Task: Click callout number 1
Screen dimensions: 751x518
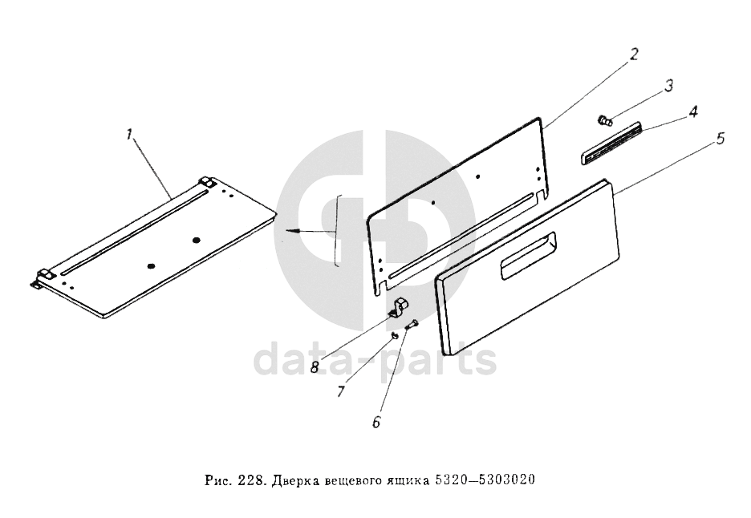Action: tap(128, 135)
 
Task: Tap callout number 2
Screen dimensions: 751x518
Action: tap(633, 54)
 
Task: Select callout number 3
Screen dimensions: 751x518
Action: tap(668, 86)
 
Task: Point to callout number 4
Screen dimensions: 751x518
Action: tap(692, 111)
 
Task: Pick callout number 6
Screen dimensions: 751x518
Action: tap(376, 422)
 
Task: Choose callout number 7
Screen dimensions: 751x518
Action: tap(340, 391)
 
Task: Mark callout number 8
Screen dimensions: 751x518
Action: tap(315, 367)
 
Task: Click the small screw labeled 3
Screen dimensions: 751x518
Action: tap(605, 119)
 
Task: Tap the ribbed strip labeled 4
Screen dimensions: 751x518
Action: tap(611, 143)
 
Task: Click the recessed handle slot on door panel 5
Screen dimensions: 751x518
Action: tap(528, 255)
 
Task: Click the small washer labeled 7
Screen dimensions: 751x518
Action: tap(394, 336)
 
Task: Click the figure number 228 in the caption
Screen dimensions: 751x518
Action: tap(249, 480)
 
